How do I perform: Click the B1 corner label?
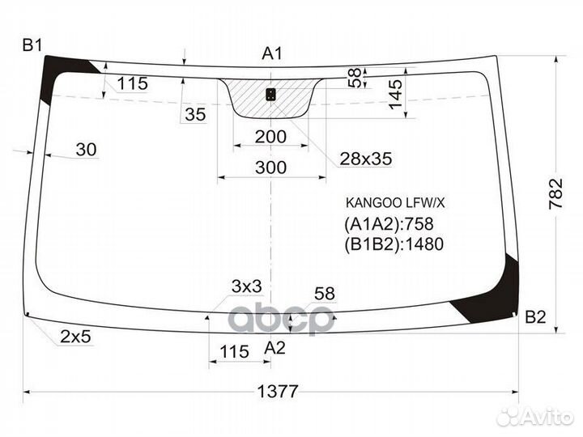pyautogui.click(x=32, y=45)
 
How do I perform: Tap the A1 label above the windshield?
pyautogui.click(x=272, y=53)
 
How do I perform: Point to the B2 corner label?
pyautogui.click(x=535, y=316)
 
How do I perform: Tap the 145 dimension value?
pyautogui.click(x=394, y=95)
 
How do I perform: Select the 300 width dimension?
pyautogui.click(x=270, y=168)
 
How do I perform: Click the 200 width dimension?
pyautogui.click(x=270, y=137)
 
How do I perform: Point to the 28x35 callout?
pyautogui.click(x=365, y=159)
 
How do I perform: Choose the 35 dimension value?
pyautogui.click(x=195, y=114)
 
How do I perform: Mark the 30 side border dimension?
pyautogui.click(x=86, y=149)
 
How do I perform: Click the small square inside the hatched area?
pyautogui.click(x=270, y=95)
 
